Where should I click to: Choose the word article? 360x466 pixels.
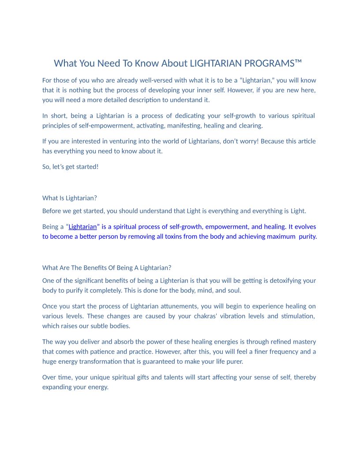point(306,141)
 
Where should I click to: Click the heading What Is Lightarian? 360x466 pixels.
point(69,198)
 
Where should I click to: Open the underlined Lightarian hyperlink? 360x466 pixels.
point(82,226)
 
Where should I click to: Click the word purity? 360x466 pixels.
point(307,236)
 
